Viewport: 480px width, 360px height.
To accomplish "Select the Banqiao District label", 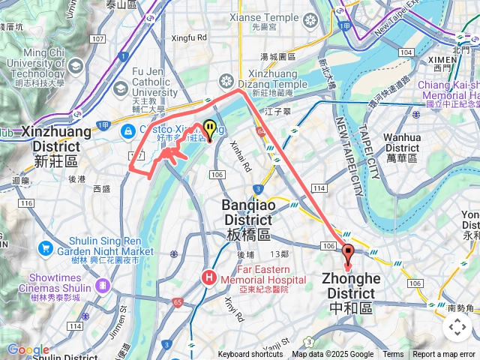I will point(248,211).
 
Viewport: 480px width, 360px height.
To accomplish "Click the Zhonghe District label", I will point(351,285).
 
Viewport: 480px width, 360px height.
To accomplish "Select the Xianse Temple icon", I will point(310,19).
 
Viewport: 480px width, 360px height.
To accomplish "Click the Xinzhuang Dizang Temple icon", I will point(225,80).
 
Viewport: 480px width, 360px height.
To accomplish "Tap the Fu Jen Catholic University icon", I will point(120,90).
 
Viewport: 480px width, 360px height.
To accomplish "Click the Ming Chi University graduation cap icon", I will point(75,67).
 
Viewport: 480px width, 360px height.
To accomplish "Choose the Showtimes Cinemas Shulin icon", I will point(100,286).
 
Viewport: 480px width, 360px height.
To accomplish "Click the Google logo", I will point(28,349).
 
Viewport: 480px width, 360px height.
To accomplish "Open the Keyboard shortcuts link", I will point(250,355).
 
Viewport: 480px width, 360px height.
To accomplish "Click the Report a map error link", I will point(445,355).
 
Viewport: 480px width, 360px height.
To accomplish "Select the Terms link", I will point(393,355).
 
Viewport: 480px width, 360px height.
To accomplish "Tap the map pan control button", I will point(457,327).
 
